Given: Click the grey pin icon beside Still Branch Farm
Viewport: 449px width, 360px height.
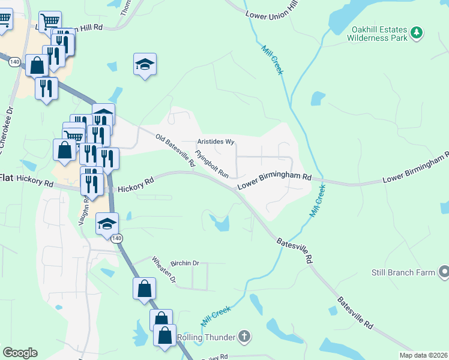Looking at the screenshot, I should tap(444, 272).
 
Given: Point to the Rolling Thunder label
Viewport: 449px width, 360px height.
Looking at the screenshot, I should tap(206, 337).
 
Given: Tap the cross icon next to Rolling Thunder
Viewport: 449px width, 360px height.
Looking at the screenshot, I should tap(243, 337).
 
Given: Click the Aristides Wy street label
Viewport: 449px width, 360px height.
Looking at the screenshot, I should tap(216, 142).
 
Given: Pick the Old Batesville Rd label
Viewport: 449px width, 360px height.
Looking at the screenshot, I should tap(175, 150).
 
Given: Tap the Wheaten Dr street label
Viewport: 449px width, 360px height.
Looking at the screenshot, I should tap(163, 270).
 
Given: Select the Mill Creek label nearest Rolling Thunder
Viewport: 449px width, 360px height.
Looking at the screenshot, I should tap(216, 316).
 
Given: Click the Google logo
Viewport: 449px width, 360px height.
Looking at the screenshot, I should tap(20, 353).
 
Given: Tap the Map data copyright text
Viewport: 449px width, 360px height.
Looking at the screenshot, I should tap(423, 355).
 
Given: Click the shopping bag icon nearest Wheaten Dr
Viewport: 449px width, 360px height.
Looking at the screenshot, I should tap(144, 289).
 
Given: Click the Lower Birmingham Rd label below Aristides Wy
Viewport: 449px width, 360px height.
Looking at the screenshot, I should tap(275, 181).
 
